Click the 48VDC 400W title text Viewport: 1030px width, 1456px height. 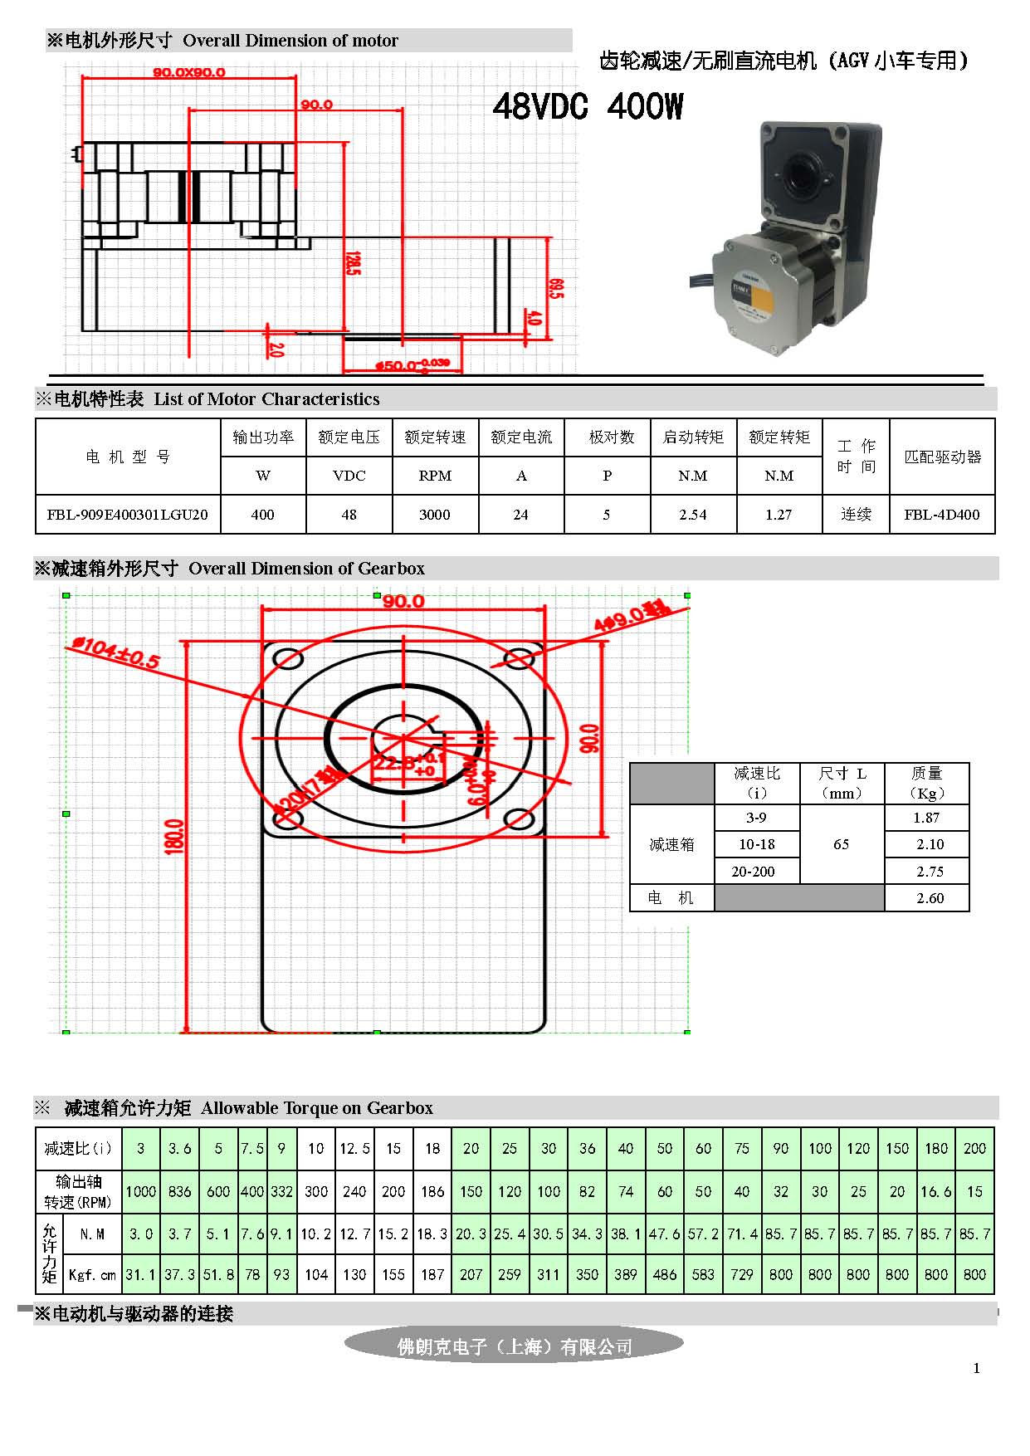588,106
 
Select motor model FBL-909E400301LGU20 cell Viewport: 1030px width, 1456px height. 128,515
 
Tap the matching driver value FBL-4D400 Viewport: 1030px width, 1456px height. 942,515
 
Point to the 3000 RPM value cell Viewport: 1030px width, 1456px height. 435,515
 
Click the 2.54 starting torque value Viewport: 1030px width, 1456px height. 693,515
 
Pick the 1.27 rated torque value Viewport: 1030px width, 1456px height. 779,515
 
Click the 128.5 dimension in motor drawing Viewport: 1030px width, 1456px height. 352,264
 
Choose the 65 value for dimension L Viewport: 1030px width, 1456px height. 841,844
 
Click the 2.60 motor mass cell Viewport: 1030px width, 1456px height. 930,898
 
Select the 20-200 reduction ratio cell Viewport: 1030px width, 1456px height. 754,872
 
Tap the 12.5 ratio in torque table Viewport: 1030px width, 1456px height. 354,1149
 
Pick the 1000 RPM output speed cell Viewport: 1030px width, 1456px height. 140,1192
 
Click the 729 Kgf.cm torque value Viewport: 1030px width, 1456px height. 742,1274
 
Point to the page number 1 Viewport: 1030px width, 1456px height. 976,1368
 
